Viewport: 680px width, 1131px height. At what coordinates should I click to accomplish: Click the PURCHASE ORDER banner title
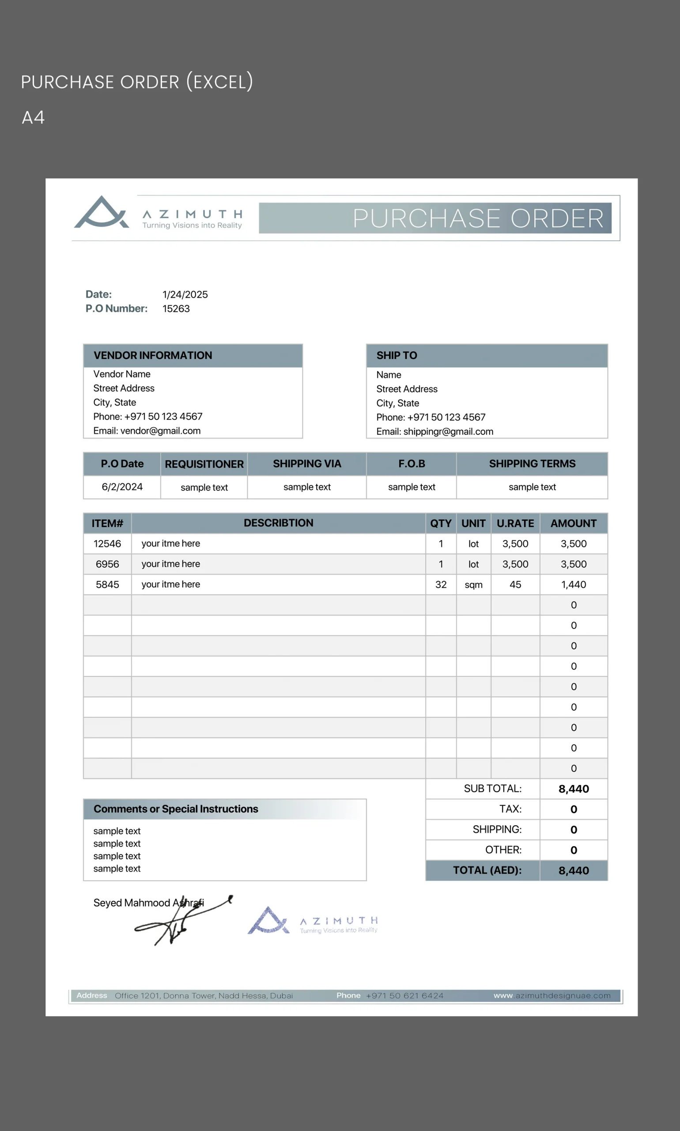pyautogui.click(x=478, y=218)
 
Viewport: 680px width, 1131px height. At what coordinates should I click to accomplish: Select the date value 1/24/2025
pyautogui.click(x=185, y=294)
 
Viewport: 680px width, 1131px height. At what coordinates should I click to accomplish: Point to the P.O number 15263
pyautogui.click(x=176, y=308)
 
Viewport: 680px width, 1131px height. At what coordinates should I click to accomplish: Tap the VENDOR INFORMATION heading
pyautogui.click(x=153, y=355)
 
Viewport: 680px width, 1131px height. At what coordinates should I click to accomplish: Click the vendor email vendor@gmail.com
pyautogui.click(x=147, y=430)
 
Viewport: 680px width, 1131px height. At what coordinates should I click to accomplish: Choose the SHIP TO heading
pyautogui.click(x=397, y=355)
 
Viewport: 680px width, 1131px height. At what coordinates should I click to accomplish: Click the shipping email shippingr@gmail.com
pyautogui.click(x=435, y=431)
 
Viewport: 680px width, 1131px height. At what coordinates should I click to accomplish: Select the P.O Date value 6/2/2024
pyautogui.click(x=122, y=487)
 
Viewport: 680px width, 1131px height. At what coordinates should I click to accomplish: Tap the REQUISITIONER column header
pyautogui.click(x=204, y=464)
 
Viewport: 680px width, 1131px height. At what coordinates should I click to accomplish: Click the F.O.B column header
pyautogui.click(x=412, y=463)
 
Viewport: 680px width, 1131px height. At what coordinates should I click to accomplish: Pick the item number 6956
pyautogui.click(x=107, y=564)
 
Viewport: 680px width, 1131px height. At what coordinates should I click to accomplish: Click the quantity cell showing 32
pyautogui.click(x=441, y=584)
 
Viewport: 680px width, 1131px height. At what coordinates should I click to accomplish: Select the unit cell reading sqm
pyautogui.click(x=473, y=584)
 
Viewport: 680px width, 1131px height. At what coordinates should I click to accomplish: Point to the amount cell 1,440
pyautogui.click(x=574, y=584)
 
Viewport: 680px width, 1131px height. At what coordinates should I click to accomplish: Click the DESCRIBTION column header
pyautogui.click(x=279, y=523)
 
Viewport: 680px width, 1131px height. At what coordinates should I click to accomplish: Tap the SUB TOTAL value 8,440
pyautogui.click(x=574, y=789)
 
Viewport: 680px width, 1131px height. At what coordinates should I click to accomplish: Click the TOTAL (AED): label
pyautogui.click(x=487, y=870)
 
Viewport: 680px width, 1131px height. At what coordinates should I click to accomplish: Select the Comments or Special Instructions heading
pyautogui.click(x=176, y=808)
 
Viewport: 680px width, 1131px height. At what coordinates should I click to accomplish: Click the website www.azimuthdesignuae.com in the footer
pyautogui.click(x=552, y=995)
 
